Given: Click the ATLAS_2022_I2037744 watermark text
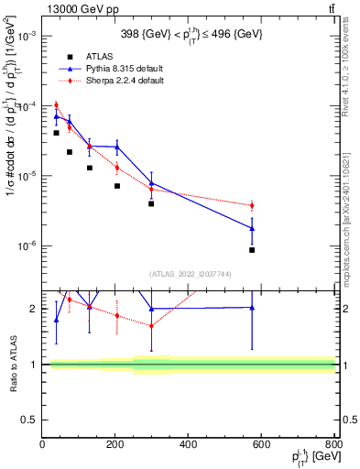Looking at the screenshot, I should click(189, 274).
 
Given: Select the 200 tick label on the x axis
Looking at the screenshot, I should click(189, 444).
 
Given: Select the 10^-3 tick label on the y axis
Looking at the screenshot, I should click(27, 36).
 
